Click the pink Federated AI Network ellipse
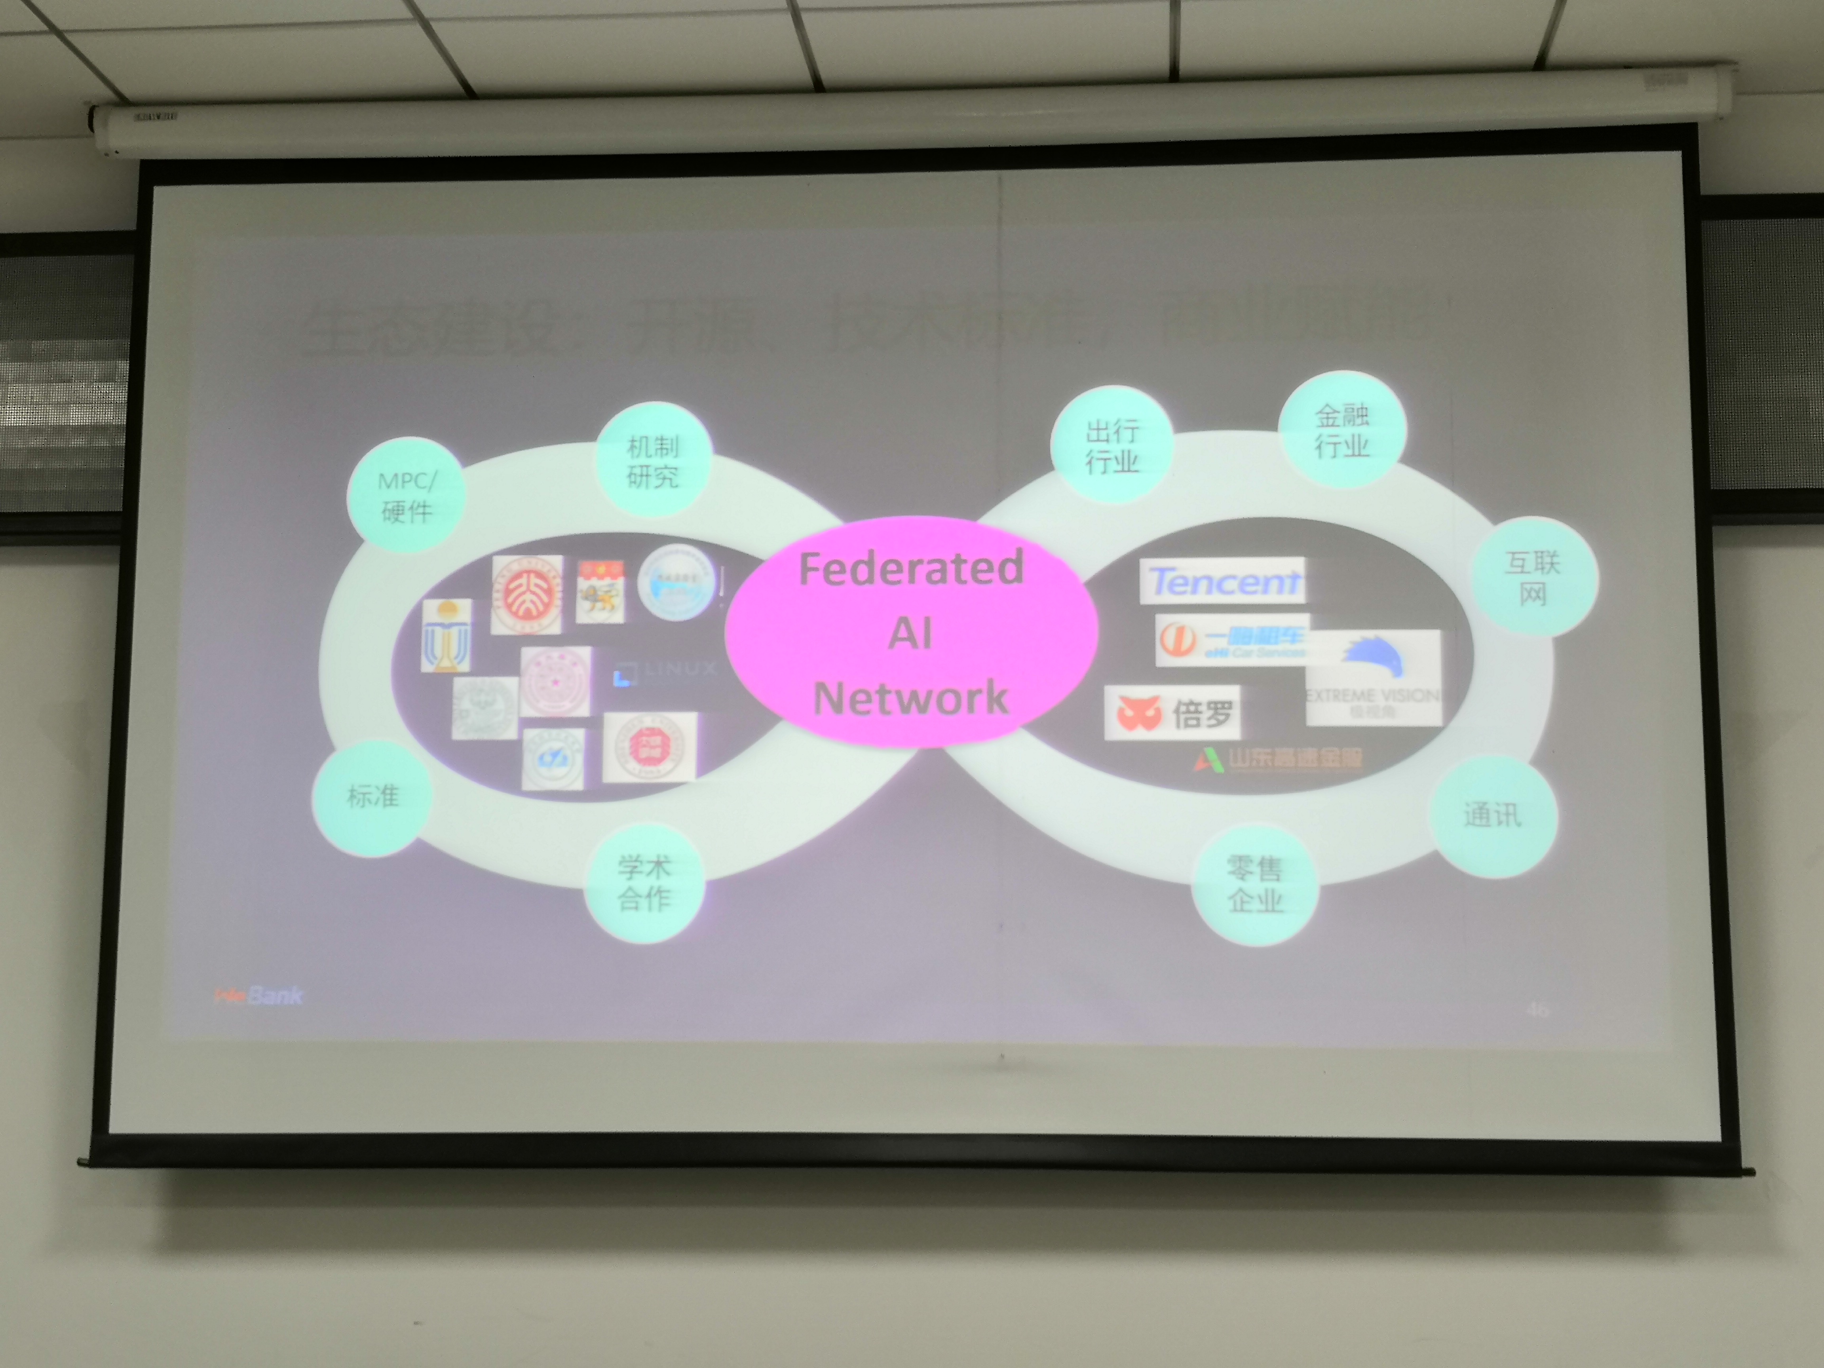point(911,632)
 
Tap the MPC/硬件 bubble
point(406,495)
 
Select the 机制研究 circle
point(652,460)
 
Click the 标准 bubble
point(373,796)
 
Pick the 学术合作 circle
point(644,882)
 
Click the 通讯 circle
point(1493,815)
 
